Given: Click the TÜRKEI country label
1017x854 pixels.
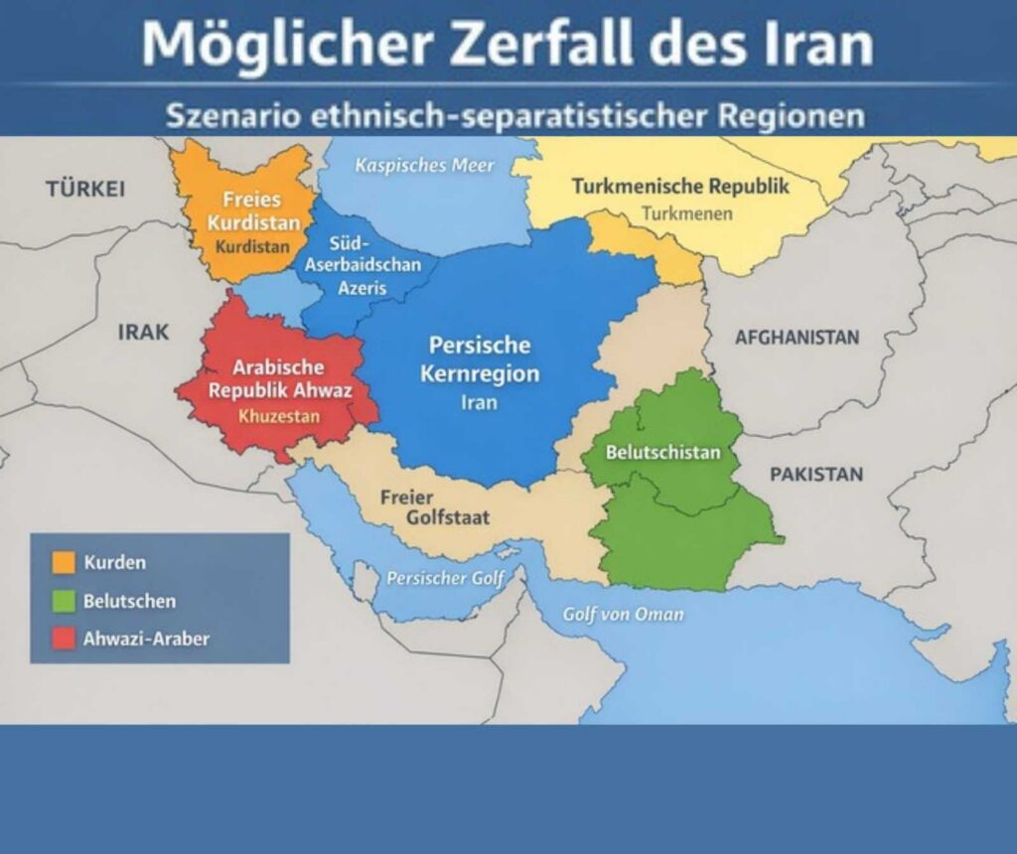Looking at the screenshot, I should click(x=84, y=189).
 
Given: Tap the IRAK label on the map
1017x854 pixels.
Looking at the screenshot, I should click(x=143, y=332).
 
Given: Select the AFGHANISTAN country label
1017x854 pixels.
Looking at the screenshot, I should click(x=797, y=338).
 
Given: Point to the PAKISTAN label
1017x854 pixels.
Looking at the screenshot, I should click(x=816, y=474).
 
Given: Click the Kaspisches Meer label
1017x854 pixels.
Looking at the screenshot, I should click(x=424, y=165).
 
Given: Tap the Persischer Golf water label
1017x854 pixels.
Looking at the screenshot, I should click(x=445, y=578).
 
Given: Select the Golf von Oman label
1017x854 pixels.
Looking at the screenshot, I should click(x=623, y=614).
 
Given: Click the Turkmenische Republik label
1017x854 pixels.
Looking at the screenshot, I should click(x=680, y=186).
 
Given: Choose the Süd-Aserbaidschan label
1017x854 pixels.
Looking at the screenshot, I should click(x=362, y=255).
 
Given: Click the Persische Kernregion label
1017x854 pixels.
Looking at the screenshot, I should click(x=480, y=359).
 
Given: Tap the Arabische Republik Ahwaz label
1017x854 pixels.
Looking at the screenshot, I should click(x=280, y=377).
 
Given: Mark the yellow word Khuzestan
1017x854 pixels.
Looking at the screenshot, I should click(x=279, y=416).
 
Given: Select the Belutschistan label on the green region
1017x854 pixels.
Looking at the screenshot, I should click(x=662, y=453).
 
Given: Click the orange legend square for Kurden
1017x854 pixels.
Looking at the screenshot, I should click(x=64, y=563).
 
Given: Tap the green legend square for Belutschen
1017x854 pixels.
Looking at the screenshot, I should click(x=64, y=601).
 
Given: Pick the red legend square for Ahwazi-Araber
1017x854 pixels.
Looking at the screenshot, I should click(x=64, y=639).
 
